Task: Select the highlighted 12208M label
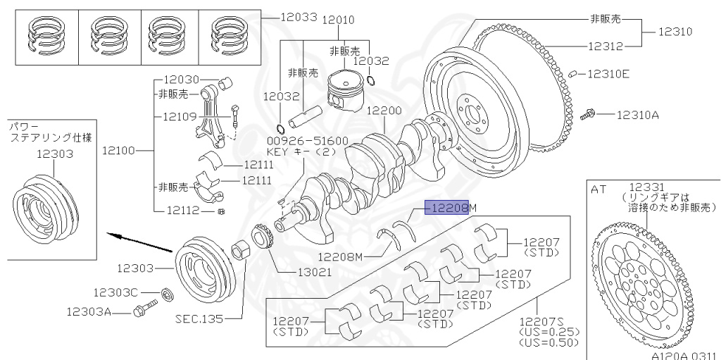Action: pos(451,208)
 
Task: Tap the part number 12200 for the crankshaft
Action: pos(384,111)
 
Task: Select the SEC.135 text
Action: pos(199,318)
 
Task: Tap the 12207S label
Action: pos(539,321)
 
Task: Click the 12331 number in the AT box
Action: pos(644,187)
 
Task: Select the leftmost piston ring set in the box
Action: pos(44,37)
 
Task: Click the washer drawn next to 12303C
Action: pos(165,292)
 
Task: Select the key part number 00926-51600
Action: pos(307,140)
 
